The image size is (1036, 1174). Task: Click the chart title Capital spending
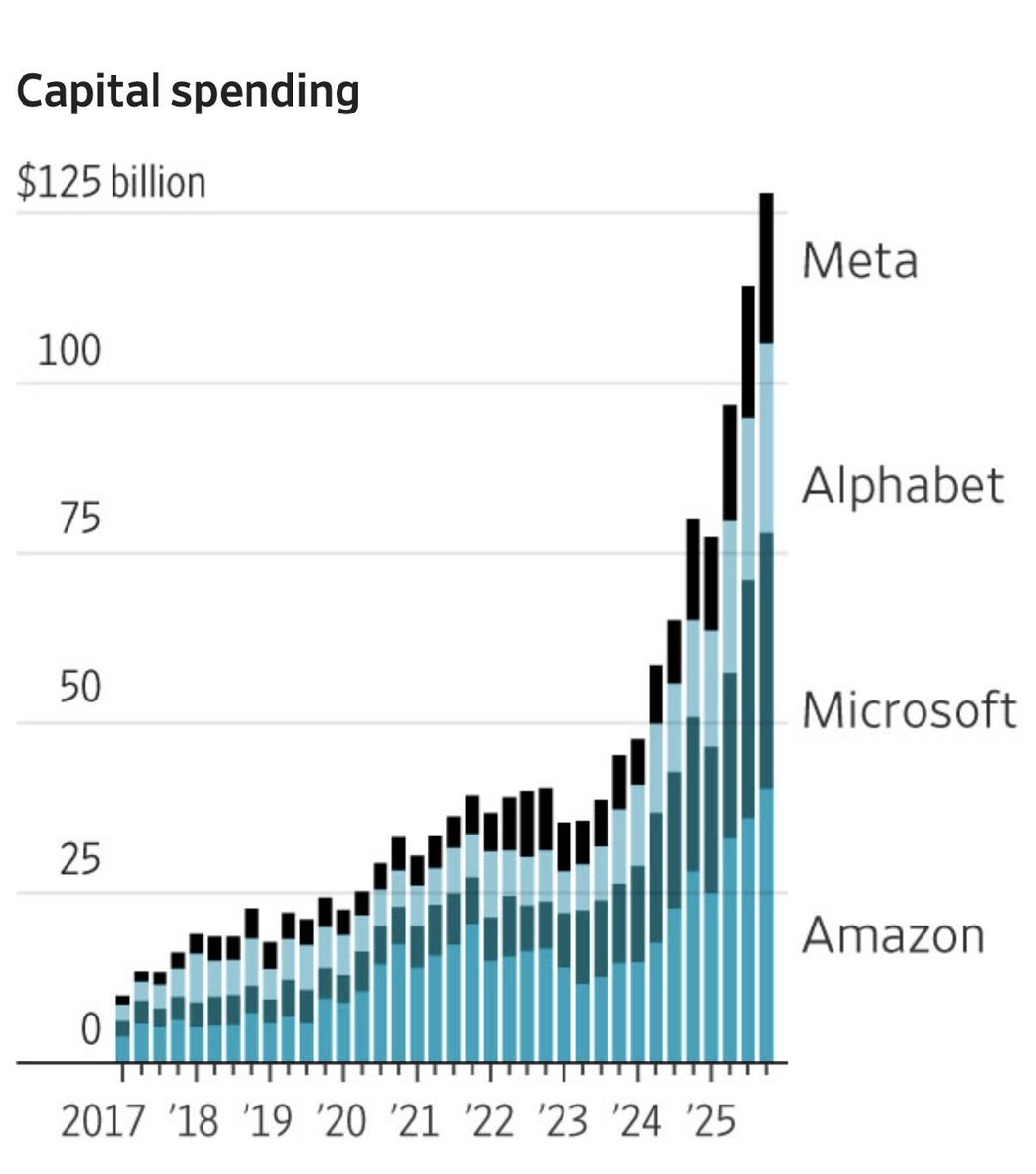188,92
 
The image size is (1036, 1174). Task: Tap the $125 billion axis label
112,183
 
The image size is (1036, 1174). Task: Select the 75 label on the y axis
76,519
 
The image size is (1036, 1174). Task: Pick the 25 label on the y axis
78,860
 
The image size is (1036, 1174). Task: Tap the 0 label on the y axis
90,1029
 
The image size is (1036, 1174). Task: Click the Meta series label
860,260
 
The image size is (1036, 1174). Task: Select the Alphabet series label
902,485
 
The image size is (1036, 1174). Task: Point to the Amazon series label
893,934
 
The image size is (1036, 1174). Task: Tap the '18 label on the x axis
194,1121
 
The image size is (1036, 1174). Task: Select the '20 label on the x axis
341,1121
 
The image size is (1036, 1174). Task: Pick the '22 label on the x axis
488,1121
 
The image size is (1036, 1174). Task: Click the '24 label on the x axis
635,1121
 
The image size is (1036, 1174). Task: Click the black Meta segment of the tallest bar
766,267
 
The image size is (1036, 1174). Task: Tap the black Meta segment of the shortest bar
122,1001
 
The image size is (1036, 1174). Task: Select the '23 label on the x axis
562,1121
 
